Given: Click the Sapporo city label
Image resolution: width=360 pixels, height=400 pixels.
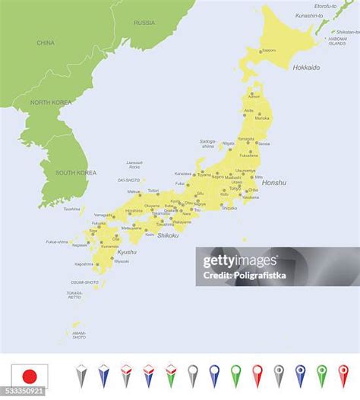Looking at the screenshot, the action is [x=269, y=51].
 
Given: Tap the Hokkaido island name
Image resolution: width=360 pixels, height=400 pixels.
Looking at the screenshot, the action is [x=306, y=68].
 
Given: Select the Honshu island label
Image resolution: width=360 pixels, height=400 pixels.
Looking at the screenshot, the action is [x=274, y=183].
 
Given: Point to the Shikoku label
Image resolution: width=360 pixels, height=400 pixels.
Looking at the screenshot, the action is [x=167, y=235].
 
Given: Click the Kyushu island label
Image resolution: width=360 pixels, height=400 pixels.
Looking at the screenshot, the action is [x=127, y=252].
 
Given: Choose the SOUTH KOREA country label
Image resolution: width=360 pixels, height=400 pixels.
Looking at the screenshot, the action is [x=75, y=173].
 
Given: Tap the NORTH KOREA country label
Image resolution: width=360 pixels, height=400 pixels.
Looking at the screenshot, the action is [x=50, y=102].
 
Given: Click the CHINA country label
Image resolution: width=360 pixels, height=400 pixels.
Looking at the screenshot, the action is [x=46, y=43].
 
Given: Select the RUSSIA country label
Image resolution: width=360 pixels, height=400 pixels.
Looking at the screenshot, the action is [x=144, y=23].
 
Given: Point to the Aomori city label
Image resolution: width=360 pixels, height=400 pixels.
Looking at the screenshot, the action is [x=254, y=96].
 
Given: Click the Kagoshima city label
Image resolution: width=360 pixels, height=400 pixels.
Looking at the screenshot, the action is [x=84, y=264].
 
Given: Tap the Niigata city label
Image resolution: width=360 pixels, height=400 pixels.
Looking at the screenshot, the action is [x=228, y=143].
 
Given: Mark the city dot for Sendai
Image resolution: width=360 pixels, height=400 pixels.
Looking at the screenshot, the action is [x=256, y=143].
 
